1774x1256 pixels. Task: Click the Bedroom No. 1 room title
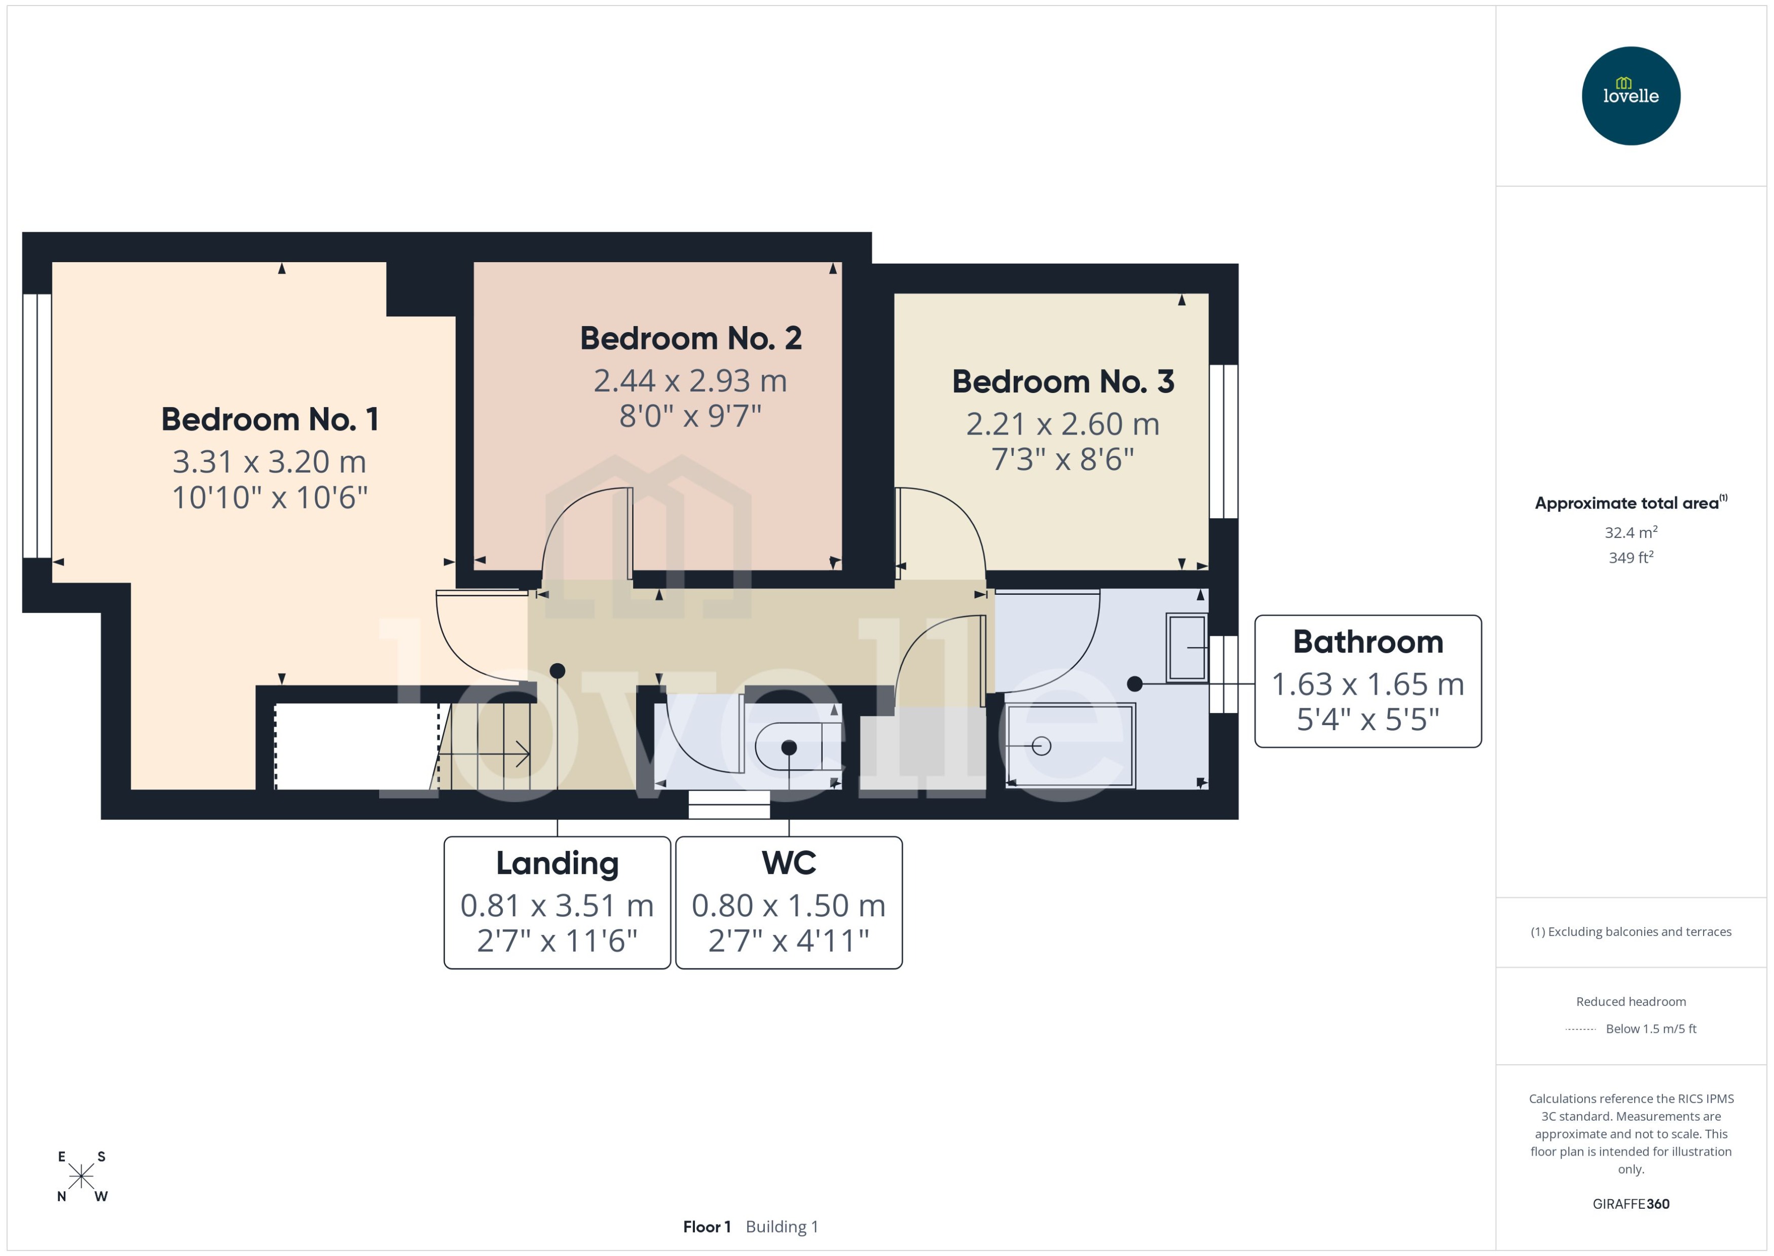point(270,419)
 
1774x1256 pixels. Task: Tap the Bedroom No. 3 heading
point(1063,381)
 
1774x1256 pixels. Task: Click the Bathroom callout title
point(1368,642)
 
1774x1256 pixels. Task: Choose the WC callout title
point(789,863)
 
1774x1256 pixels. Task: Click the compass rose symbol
point(81,1176)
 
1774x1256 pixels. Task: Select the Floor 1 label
point(706,1227)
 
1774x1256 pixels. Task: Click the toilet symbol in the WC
point(796,747)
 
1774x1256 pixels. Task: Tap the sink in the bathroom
point(1187,648)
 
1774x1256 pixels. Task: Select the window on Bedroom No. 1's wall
point(37,425)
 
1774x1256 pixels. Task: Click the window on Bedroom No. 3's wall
point(1223,441)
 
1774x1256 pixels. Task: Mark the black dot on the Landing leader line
point(558,670)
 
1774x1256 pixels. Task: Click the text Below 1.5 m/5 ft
point(1650,1029)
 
